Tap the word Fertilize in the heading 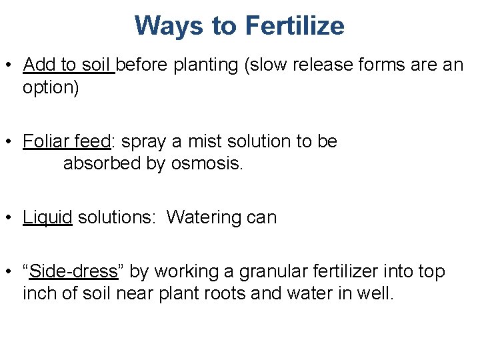295,26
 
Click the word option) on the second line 51,88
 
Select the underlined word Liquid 47,217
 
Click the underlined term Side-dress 73,271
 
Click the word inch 38,293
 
